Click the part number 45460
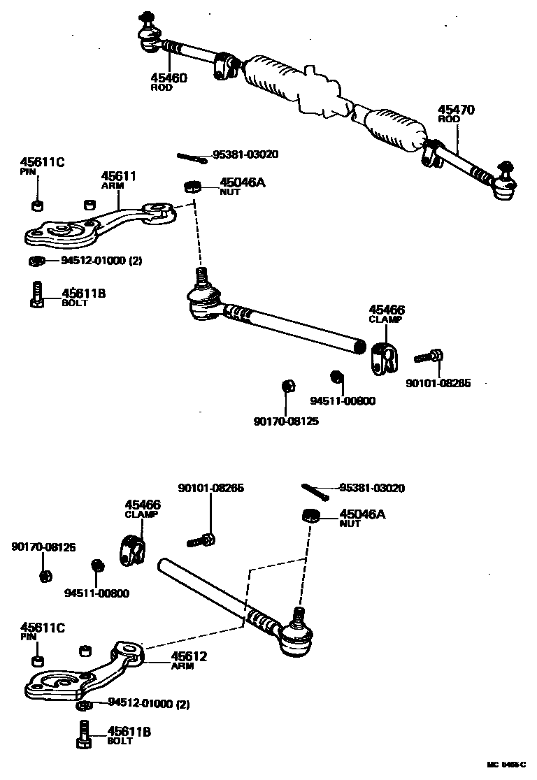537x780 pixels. click(x=169, y=78)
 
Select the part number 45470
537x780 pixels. click(x=457, y=110)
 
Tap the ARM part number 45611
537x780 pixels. click(x=118, y=177)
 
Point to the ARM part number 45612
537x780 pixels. click(x=189, y=657)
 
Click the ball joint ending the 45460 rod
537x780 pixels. click(x=149, y=35)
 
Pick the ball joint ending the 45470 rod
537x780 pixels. click(x=503, y=183)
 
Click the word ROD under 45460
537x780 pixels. click(x=162, y=88)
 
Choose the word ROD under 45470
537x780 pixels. click(x=449, y=120)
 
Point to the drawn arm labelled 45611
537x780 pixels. click(x=98, y=224)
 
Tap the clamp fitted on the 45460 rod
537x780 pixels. click(x=226, y=64)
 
